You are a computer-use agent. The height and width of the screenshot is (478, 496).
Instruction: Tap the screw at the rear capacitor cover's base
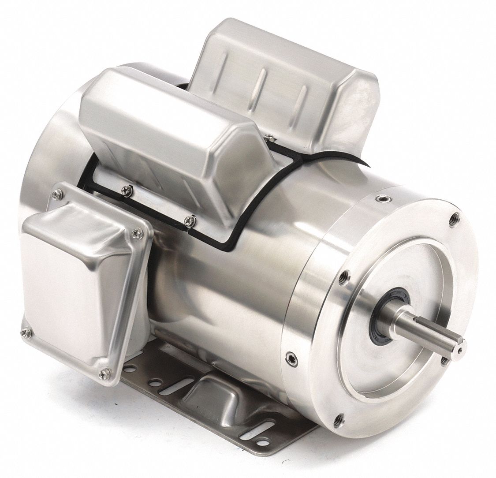269,139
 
